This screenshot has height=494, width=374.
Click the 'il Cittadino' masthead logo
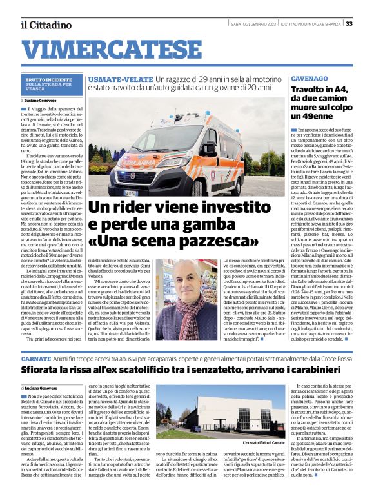[x=46, y=25]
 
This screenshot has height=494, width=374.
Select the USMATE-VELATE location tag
[x=111, y=77]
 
